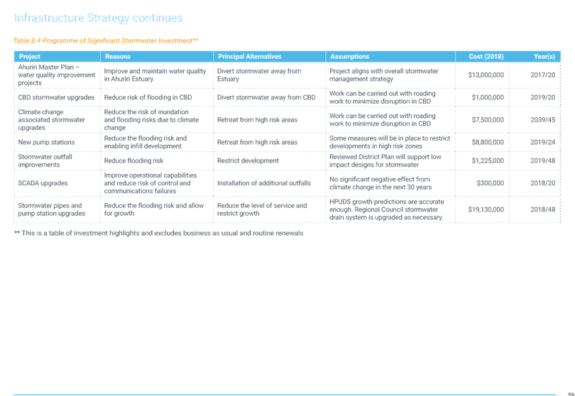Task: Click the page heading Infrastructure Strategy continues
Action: (98, 18)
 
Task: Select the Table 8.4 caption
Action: (106, 40)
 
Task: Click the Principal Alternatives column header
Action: (249, 57)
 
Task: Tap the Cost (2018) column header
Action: (486, 57)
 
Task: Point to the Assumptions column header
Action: (349, 57)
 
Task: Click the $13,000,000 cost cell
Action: (486, 75)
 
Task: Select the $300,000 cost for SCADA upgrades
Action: (491, 183)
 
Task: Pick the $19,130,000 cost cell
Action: (486, 209)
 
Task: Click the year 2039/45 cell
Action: (543, 120)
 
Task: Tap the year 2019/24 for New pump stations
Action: (543, 142)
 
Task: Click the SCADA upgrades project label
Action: (43, 183)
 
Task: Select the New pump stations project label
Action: (46, 142)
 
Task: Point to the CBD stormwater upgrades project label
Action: (56, 97)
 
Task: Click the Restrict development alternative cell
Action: (248, 160)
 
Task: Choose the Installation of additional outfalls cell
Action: (264, 183)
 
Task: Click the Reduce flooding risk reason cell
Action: (134, 160)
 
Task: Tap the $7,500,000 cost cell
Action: (488, 120)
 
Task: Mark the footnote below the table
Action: (158, 233)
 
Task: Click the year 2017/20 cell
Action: (543, 75)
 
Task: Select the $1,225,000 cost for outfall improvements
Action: (488, 160)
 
